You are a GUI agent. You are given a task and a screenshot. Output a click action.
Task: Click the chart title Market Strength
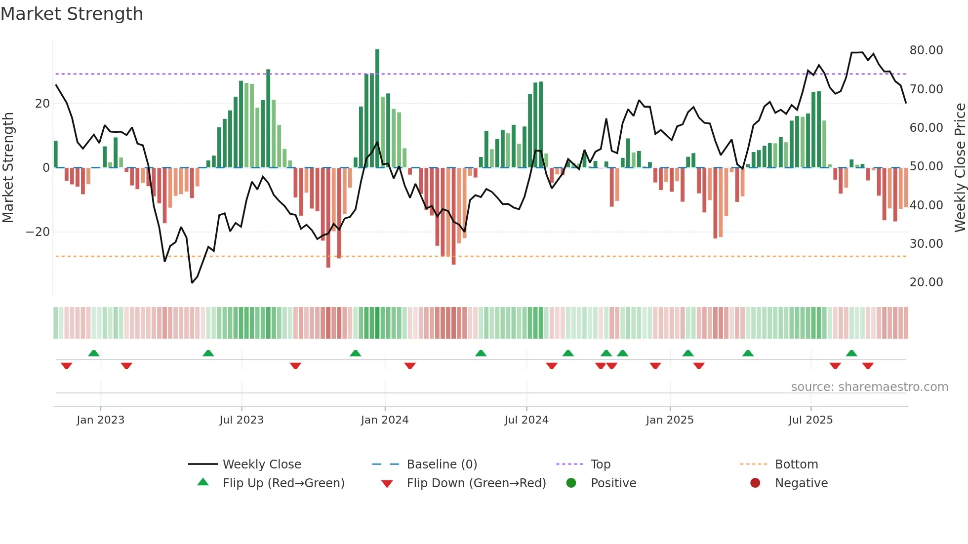(72, 14)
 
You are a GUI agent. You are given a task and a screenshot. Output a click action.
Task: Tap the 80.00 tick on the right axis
(926, 50)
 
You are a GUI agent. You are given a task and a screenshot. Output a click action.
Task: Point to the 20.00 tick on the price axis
(926, 282)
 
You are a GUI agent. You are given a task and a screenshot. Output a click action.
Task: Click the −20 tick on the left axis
(38, 232)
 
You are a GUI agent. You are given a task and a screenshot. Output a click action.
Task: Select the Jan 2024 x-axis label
(385, 420)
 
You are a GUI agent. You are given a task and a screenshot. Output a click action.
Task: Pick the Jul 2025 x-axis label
(810, 420)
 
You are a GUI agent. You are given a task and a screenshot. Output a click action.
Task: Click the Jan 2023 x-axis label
(101, 420)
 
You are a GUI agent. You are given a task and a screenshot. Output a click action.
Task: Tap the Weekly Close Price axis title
(960, 168)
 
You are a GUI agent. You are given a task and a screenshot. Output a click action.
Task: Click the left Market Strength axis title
(8, 168)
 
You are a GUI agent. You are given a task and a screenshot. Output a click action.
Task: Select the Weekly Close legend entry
(261, 465)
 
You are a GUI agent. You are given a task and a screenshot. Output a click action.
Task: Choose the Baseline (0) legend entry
(442, 465)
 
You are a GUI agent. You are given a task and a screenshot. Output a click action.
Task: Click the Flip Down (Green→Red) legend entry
(476, 483)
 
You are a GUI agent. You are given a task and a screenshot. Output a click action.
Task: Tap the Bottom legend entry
(796, 465)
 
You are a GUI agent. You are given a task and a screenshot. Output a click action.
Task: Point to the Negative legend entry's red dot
(755, 483)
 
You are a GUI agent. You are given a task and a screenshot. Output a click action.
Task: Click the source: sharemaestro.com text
(869, 387)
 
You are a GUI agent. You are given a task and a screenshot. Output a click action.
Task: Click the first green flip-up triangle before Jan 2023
(94, 353)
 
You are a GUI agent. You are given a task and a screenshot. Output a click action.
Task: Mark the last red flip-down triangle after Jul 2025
(868, 366)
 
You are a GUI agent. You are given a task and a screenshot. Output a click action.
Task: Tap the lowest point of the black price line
(192, 282)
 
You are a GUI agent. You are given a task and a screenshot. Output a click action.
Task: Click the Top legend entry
(600, 465)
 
